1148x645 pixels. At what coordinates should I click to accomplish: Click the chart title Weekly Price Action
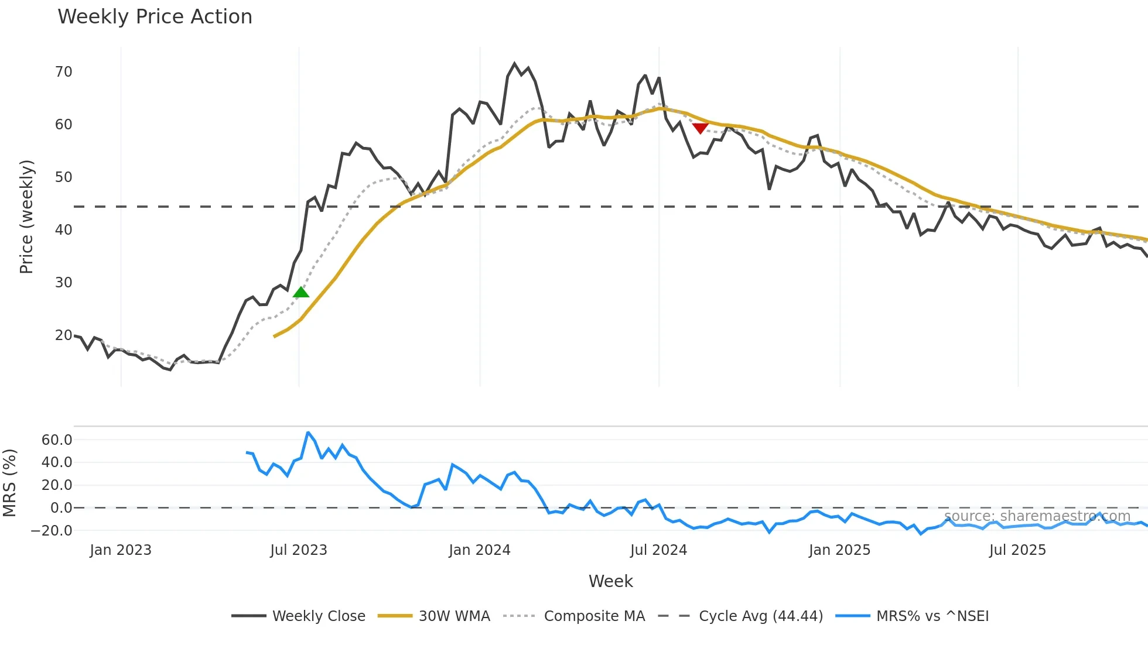coord(155,17)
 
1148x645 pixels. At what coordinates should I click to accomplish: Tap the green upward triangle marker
coord(301,292)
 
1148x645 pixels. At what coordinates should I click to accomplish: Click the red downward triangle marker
coord(701,128)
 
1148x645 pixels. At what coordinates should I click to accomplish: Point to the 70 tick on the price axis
coord(63,72)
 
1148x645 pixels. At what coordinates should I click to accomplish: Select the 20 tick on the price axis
coord(63,335)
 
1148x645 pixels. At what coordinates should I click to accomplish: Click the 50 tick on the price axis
coord(63,177)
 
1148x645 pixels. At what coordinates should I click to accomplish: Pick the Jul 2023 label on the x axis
coord(299,550)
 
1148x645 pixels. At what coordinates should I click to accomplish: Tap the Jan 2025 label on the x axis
coord(839,550)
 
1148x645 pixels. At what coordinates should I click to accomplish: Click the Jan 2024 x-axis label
coord(480,550)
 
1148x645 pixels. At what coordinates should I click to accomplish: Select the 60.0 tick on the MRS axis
coord(57,440)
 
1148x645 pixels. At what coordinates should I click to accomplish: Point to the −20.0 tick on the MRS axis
coord(52,531)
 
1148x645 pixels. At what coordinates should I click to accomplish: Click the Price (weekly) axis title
coord(26,217)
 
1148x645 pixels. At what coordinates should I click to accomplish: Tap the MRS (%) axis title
coord(9,483)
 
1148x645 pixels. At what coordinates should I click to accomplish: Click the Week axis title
coord(610,581)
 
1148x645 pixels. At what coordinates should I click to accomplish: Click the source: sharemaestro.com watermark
coord(1037,516)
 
